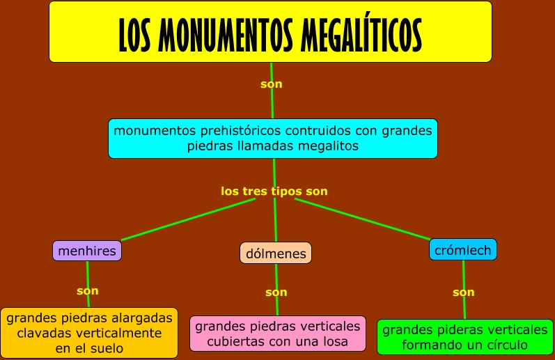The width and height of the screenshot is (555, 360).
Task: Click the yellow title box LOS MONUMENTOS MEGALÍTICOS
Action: [x=270, y=31]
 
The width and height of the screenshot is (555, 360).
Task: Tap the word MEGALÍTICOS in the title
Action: [x=362, y=33]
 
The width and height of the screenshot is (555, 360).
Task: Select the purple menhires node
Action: [x=87, y=251]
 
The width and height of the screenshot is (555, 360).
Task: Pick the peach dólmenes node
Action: [x=275, y=253]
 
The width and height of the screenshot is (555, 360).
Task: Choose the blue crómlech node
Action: [x=462, y=249]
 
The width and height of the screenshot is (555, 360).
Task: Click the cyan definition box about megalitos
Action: [x=272, y=138]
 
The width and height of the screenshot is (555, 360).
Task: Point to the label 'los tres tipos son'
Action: [x=274, y=191]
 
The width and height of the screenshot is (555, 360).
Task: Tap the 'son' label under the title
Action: [x=271, y=84]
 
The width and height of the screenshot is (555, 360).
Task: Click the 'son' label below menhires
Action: [x=88, y=290]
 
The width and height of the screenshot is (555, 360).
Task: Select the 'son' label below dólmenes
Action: [x=276, y=292]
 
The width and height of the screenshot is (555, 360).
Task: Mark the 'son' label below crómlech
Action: [x=463, y=292]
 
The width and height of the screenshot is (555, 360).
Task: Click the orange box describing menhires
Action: [x=88, y=333]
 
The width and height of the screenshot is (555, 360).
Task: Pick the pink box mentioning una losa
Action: [x=277, y=334]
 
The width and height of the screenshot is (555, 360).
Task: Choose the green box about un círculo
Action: [x=464, y=337]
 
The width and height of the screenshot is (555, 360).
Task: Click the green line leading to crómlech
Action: [x=369, y=220]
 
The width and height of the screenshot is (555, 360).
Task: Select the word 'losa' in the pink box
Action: [x=346, y=341]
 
